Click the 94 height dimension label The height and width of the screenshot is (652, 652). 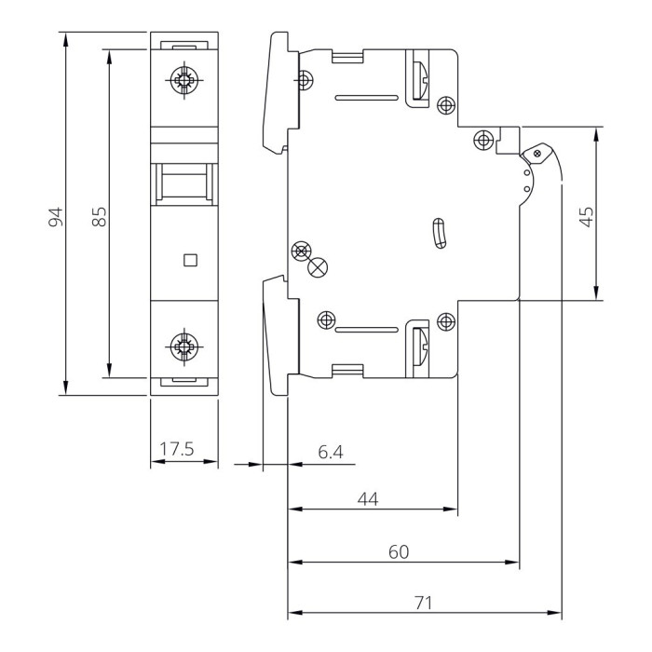[x=55, y=216]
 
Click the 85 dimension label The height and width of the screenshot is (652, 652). [x=100, y=216]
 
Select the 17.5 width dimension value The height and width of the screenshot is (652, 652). [x=175, y=450]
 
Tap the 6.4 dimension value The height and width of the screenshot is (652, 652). [x=331, y=453]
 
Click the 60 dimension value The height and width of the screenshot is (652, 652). [x=398, y=551]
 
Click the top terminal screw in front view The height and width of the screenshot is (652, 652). [x=183, y=80]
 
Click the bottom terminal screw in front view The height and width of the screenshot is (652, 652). [x=183, y=349]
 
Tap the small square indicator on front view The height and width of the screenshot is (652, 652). [x=190, y=261]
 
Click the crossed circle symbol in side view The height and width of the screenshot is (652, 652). [x=318, y=267]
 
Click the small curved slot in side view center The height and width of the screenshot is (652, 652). [x=440, y=233]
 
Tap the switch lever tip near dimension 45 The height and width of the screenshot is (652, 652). [x=537, y=152]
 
